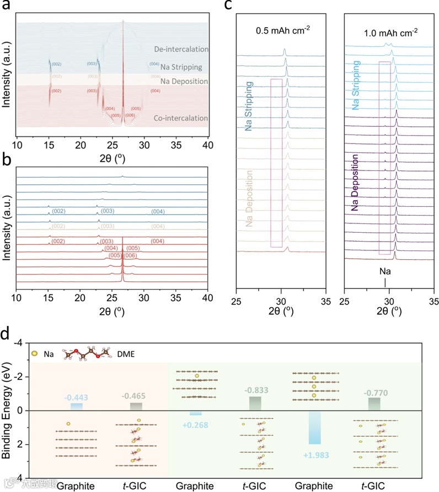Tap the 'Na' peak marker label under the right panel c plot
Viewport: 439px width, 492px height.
(x=384, y=272)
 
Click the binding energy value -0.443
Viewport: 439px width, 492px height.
(x=77, y=397)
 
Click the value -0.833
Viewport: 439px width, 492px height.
(x=254, y=391)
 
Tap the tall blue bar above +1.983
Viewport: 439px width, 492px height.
(x=314, y=427)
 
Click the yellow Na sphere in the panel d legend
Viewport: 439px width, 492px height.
(x=36, y=353)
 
